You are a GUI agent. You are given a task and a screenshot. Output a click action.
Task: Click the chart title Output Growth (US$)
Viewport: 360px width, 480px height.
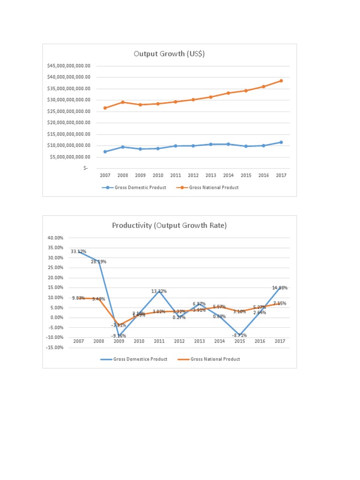(x=169, y=54)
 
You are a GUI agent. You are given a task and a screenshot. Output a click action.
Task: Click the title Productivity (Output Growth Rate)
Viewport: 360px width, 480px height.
(x=169, y=225)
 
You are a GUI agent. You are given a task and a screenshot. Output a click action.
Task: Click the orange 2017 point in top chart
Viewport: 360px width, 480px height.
(x=281, y=81)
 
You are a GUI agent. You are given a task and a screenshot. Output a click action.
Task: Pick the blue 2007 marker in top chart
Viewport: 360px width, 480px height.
(x=105, y=151)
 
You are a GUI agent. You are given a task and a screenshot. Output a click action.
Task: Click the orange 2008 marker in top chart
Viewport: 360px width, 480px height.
(x=123, y=102)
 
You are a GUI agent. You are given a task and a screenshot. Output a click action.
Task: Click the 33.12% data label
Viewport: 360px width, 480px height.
(x=78, y=252)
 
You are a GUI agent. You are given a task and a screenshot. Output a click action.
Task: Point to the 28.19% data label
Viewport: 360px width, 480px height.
(x=98, y=262)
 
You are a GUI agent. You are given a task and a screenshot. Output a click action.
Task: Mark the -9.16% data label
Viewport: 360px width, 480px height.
(x=118, y=336)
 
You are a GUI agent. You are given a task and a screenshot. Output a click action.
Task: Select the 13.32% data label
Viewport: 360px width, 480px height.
(x=159, y=292)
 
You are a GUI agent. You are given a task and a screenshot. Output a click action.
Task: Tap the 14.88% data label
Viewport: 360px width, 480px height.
(x=280, y=288)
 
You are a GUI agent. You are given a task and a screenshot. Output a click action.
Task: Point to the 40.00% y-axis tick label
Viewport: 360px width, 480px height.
(x=56, y=238)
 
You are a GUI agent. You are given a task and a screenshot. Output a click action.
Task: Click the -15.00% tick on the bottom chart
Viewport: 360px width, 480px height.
(x=55, y=347)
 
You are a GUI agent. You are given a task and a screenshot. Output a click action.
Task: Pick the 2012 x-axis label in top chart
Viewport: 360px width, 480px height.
(x=193, y=175)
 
